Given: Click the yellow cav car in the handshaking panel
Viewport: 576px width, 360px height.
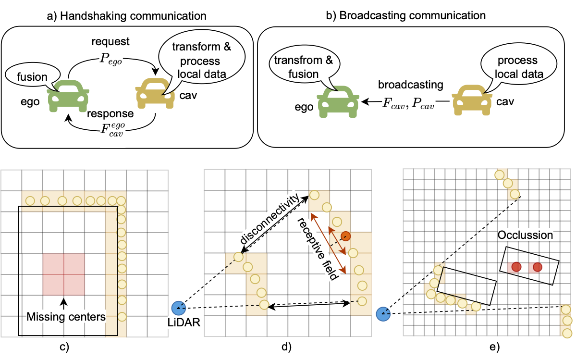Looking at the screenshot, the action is pos(155,93).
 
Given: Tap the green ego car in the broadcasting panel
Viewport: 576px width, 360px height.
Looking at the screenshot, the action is pos(338,102).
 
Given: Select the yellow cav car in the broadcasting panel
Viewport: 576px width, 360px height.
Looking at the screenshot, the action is pos(472,100).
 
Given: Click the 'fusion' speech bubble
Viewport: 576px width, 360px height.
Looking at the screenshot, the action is pos(33,76).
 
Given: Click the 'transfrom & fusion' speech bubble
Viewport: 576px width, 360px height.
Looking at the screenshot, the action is pos(304,66).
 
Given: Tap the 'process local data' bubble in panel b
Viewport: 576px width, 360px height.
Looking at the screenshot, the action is pos(518,66).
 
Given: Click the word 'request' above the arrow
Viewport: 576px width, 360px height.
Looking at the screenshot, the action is pos(110,41).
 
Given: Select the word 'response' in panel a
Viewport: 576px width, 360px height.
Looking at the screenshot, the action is pos(110,113).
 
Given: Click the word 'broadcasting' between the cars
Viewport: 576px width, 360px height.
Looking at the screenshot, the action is pos(411,85).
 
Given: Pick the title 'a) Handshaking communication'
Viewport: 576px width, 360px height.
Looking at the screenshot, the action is pos(127,16).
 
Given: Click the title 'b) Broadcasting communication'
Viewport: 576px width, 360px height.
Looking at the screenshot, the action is pos(405,15).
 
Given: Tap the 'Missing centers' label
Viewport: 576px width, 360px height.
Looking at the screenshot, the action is pos(66,317).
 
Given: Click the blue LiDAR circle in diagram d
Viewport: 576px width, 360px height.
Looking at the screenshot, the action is pos(179,308).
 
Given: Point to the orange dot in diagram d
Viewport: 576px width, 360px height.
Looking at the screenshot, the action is pos(345,236).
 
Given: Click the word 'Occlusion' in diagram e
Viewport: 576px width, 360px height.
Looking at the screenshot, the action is pos(525,235).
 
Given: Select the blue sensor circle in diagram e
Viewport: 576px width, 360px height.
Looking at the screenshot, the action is pos(383,314).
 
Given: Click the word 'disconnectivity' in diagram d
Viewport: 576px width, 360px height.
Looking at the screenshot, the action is pos(270,219).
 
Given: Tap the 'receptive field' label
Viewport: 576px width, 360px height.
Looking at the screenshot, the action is pos(317,248).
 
